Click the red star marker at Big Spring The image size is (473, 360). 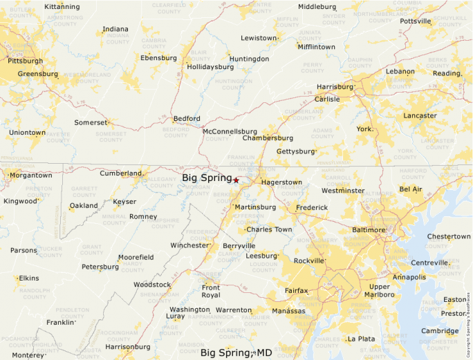coord(236,180)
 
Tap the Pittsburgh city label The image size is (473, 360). coord(25,61)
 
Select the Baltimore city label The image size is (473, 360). coord(368,229)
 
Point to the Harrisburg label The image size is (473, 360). coord(335,87)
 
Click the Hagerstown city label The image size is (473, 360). coord(281,182)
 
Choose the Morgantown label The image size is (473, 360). coord(30,176)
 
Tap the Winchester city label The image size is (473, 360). coord(189,245)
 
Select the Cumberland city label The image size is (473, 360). coord(120,173)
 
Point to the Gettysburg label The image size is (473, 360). coord(295,151)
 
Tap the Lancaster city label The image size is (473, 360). coord(420,115)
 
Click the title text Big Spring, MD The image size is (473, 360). coord(236,353)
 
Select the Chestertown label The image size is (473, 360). coord(448,237)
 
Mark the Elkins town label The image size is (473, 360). coord(28,278)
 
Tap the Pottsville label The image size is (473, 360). coord(415,21)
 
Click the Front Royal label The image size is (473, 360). coord(210,291)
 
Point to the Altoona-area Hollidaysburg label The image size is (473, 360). coord(210,67)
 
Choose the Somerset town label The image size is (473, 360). coord(91,122)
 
